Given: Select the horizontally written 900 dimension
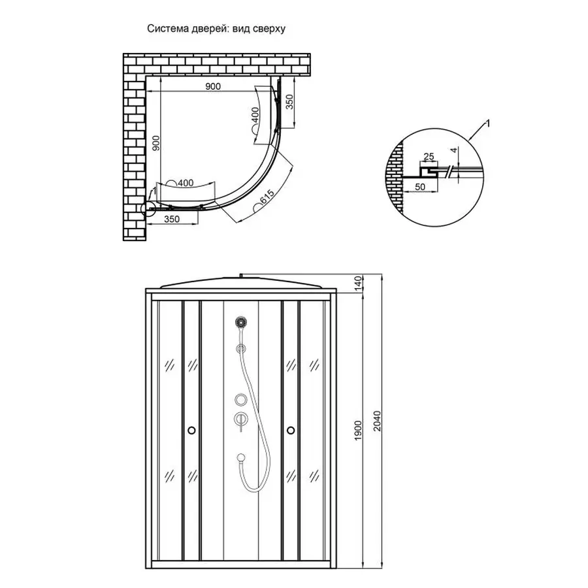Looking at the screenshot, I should [x=213, y=86].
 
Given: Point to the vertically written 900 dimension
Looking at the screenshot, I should [x=155, y=144].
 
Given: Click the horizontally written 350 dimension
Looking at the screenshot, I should [x=172, y=220].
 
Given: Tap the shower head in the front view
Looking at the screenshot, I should [x=241, y=322].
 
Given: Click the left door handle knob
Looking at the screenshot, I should [x=190, y=430].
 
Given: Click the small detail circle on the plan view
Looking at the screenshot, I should [x=148, y=208].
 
